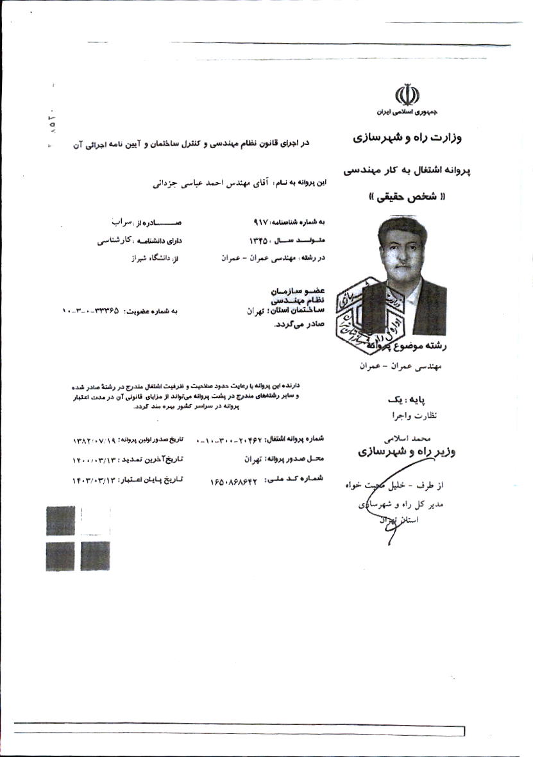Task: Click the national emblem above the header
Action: coord(407,95)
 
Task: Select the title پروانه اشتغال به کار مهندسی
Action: coord(407,171)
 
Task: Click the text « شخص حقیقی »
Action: coord(407,198)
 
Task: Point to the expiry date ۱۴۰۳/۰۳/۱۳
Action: coord(98,479)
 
